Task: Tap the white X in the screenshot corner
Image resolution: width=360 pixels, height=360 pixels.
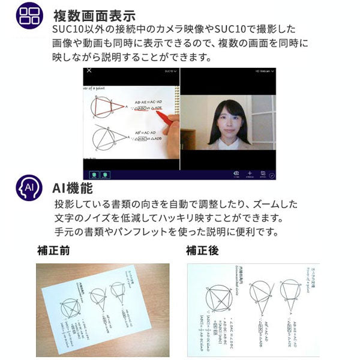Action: [89, 71]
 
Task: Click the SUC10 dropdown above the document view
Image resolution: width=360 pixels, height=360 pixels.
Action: [170, 71]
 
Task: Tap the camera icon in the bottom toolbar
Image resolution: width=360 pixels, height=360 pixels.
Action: [236, 173]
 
